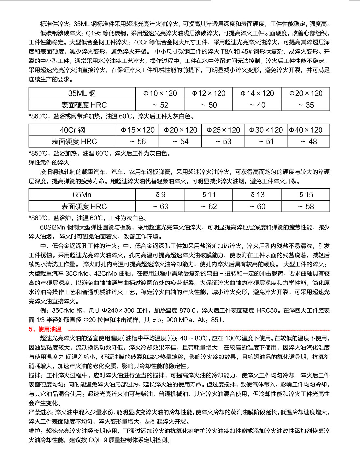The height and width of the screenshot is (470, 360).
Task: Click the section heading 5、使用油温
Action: [45, 329]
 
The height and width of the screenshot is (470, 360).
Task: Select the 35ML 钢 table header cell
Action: [82, 93]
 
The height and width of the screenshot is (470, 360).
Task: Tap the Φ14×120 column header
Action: [257, 93]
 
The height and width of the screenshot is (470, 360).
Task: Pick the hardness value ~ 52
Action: [160, 105]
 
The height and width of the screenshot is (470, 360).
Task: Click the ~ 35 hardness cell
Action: [306, 105]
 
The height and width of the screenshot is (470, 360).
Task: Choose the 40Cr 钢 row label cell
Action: [72, 130]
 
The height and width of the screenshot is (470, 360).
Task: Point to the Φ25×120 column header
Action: [223, 130]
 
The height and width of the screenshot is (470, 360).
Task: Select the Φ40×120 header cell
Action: [309, 130]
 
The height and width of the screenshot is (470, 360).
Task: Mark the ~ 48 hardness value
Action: [309, 142]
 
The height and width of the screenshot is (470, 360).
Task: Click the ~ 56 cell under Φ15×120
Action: [138, 142]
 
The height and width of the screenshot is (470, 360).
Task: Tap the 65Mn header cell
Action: [82, 195]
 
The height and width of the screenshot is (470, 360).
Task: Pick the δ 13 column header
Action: [257, 195]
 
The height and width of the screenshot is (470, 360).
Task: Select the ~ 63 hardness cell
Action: [160, 207]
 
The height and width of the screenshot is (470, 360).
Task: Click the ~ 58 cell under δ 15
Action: [306, 207]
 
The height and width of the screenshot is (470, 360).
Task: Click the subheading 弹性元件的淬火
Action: [49, 162]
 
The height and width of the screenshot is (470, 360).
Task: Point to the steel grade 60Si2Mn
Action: [53, 227]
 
